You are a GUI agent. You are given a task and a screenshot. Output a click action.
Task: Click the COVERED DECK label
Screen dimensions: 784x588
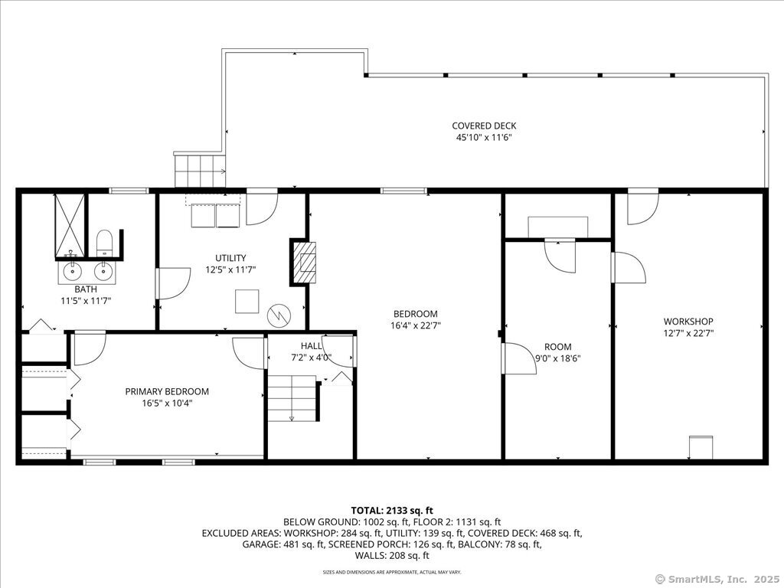point(484,126)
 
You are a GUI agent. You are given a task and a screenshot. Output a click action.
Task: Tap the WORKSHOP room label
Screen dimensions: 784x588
point(688,322)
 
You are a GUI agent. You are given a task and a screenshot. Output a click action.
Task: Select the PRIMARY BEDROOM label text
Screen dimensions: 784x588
point(167,391)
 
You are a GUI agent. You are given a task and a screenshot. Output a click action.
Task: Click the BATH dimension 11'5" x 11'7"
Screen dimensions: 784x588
point(86,301)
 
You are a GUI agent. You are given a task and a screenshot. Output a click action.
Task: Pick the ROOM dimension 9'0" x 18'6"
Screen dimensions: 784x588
point(557,358)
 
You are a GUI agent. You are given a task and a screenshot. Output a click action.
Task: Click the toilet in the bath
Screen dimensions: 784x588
point(104,241)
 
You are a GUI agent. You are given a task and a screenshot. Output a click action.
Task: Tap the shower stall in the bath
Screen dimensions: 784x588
point(70,224)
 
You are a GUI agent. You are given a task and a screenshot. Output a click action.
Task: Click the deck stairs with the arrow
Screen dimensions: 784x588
point(200,170)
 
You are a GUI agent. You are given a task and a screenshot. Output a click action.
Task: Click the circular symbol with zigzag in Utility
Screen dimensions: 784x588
point(278,315)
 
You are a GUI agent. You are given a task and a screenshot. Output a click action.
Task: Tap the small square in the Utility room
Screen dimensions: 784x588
point(247,302)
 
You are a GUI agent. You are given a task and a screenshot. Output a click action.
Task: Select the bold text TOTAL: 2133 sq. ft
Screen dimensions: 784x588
point(392,511)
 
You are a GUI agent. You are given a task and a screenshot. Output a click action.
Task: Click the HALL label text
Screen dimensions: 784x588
point(311,346)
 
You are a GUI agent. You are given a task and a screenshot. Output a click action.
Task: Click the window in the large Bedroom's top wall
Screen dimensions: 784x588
point(403,191)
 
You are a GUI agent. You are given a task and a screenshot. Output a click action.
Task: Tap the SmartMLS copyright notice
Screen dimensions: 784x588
point(716,580)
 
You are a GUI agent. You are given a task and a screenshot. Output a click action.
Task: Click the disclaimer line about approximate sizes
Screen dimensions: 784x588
point(392,571)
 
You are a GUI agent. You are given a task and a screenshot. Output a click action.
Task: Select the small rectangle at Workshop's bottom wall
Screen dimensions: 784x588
point(701,447)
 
